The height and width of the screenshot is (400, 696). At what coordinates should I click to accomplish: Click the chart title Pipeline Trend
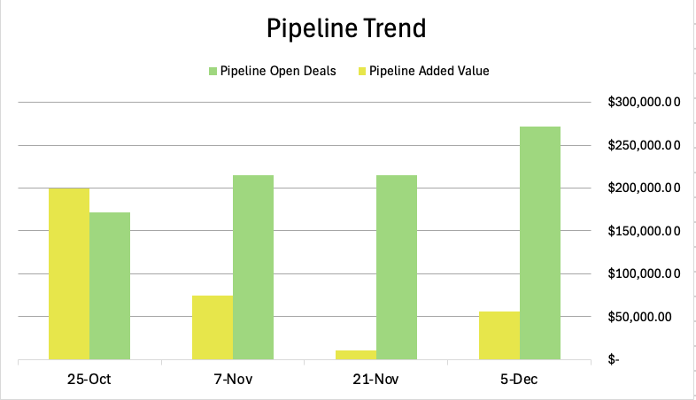(347, 28)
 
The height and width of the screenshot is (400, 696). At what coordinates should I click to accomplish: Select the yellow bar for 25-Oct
(69, 273)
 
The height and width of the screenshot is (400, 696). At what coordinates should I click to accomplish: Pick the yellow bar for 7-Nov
(213, 327)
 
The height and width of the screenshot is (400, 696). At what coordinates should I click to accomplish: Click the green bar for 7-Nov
(253, 267)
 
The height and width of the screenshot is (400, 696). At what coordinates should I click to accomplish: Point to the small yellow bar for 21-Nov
(356, 355)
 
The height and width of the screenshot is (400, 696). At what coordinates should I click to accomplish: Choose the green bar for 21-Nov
(397, 267)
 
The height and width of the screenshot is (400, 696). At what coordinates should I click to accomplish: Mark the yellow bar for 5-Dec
(499, 335)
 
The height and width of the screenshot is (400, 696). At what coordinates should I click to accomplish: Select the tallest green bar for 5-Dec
(540, 242)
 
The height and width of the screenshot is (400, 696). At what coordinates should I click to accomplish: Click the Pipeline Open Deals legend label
(278, 71)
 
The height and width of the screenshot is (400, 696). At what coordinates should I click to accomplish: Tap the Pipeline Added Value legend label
(429, 71)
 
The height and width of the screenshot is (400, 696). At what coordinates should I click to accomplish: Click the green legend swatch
(213, 71)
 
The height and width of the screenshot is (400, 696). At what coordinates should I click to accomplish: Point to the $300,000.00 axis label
(644, 103)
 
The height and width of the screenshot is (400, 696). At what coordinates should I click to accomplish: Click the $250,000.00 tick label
(644, 145)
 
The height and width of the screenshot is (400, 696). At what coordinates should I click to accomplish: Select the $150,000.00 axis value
(644, 231)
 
